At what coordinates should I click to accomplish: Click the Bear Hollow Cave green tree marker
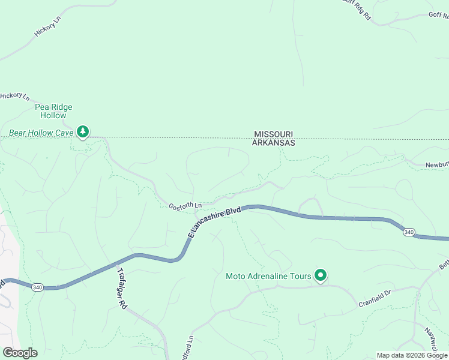[x=83, y=131]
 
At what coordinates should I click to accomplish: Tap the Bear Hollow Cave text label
[x=41, y=132]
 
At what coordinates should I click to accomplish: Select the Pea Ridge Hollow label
[x=53, y=111]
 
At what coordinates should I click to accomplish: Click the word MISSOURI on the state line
[x=274, y=134]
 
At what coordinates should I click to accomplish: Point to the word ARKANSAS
[x=274, y=143]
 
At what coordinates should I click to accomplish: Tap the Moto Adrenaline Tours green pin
[x=321, y=275]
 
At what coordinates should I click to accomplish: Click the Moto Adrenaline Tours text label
[x=268, y=276]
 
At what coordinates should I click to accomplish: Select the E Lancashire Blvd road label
[x=214, y=221]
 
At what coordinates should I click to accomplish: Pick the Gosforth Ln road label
[x=185, y=206]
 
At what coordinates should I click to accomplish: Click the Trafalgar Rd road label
[x=122, y=287]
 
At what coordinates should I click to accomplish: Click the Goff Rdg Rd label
[x=357, y=9]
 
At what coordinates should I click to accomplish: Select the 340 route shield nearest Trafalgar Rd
[x=37, y=287]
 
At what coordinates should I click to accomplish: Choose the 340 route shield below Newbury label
[x=409, y=232]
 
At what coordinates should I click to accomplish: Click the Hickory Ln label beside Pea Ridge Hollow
[x=15, y=96]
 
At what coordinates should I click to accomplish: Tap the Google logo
[x=20, y=353]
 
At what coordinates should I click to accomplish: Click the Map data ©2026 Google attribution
[x=412, y=355]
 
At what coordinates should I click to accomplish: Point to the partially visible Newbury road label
[x=437, y=164]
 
